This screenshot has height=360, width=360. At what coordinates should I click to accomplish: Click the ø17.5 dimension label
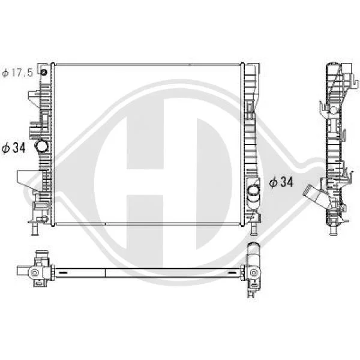click(17, 73)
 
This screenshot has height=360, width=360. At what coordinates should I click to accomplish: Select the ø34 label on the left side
click(13, 148)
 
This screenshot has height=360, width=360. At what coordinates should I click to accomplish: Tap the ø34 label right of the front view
click(281, 182)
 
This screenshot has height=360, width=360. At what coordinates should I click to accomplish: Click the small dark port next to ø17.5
click(43, 73)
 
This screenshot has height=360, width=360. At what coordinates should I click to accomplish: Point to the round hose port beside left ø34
click(41, 146)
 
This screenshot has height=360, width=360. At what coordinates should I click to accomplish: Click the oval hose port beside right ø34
click(254, 191)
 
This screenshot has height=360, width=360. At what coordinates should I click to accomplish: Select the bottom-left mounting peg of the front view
click(35, 229)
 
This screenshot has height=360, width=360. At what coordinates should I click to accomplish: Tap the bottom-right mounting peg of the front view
click(253, 229)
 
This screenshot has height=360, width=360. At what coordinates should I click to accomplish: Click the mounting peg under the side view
click(333, 229)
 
